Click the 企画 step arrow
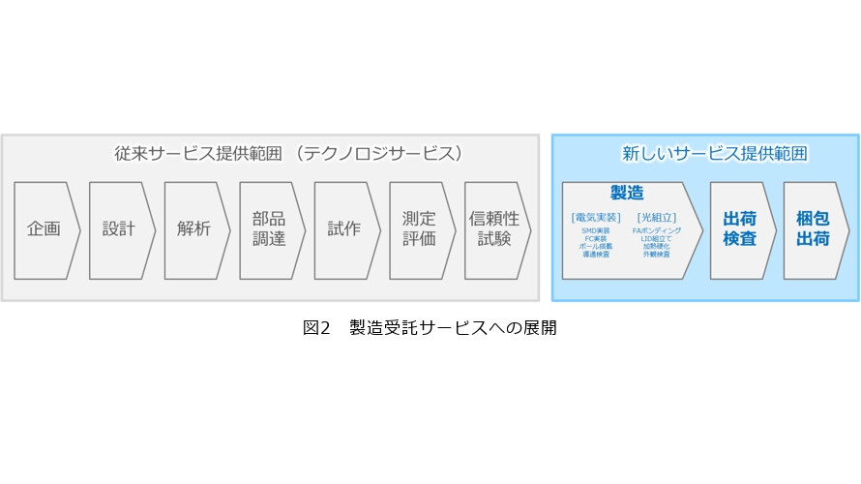(x=45, y=229)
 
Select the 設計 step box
(x=119, y=229)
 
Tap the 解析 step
(x=194, y=229)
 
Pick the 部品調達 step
(x=269, y=229)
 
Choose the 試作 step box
(x=344, y=229)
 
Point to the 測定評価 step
(x=419, y=229)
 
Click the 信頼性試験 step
(x=494, y=229)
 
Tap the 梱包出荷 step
(x=813, y=229)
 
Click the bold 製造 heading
(x=627, y=194)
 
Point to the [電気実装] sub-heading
(x=596, y=217)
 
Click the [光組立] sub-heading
(x=657, y=217)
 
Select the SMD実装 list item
(x=596, y=230)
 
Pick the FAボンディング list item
(x=657, y=230)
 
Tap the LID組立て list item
(x=657, y=238)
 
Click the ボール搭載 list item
(x=596, y=246)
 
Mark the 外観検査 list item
(x=657, y=254)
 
